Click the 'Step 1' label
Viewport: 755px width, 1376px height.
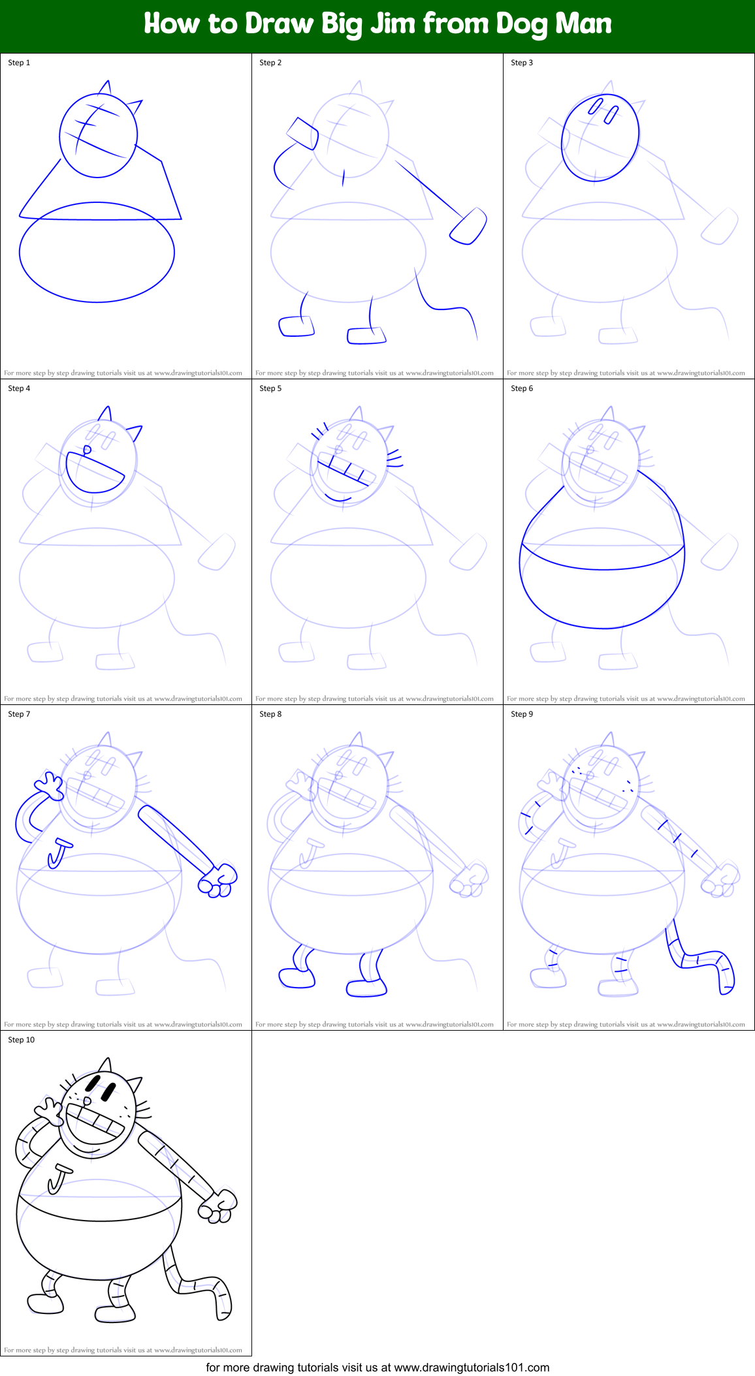point(19,63)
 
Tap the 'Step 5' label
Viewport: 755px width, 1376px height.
point(270,388)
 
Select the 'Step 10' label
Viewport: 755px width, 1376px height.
point(21,1040)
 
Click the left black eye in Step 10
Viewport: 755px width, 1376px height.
point(93,1084)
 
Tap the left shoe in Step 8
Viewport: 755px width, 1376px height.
point(296,978)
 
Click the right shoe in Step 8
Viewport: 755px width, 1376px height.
point(366,988)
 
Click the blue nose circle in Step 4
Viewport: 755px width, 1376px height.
point(88,450)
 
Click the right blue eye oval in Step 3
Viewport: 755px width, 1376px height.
point(611,116)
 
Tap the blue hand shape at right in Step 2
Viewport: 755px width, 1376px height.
point(468,227)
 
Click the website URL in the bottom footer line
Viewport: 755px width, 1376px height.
point(472,1367)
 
